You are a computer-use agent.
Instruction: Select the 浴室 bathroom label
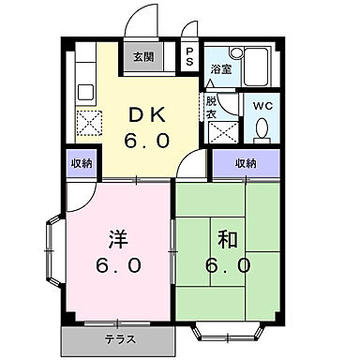[x=220, y=69]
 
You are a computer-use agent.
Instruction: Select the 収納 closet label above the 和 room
[x=246, y=163]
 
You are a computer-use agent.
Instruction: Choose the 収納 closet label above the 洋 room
[x=82, y=163]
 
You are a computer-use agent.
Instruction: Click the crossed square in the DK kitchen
[x=87, y=123]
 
